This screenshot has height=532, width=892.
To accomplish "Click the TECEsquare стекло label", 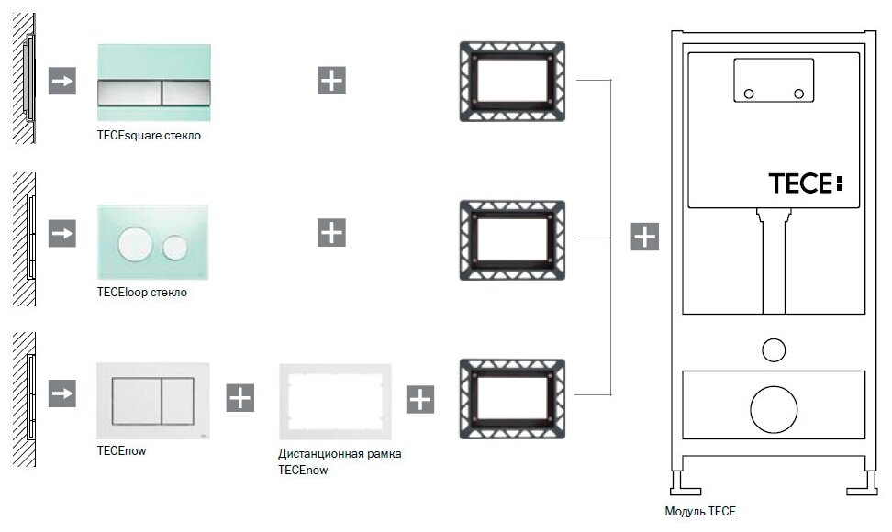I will [x=149, y=136].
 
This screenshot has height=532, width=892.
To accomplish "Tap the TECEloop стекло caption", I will [x=141, y=293].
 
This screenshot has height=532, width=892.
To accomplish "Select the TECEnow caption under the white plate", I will [x=121, y=450].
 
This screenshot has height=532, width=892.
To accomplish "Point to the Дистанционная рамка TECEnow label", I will [x=340, y=461].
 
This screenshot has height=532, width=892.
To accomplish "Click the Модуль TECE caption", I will [x=699, y=511].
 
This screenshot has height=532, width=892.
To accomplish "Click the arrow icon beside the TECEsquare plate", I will [x=62, y=81].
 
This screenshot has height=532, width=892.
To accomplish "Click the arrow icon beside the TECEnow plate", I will [x=62, y=394].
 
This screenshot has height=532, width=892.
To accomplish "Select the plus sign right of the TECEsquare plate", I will [x=331, y=81].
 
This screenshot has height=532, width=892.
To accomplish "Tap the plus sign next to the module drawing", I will [x=645, y=237].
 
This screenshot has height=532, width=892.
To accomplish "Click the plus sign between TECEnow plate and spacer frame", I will [x=240, y=398].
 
